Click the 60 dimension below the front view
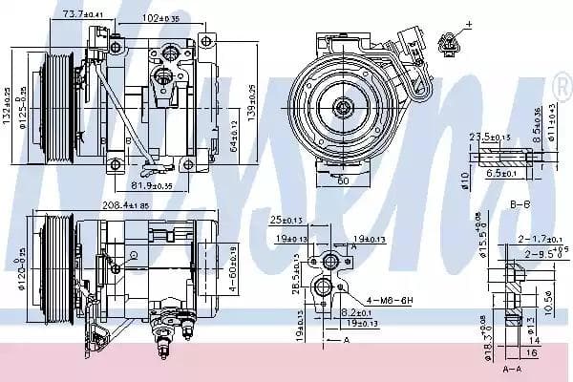coord(342,179)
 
